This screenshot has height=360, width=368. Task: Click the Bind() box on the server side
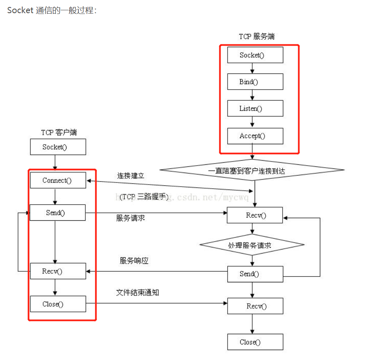255,82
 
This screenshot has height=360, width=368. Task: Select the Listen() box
255,108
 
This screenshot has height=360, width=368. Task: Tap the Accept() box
255,136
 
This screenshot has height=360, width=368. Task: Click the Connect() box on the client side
57,180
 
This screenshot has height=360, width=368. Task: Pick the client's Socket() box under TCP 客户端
57,147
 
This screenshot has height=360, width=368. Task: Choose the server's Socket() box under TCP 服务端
255,55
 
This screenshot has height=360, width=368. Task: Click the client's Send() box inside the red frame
57,212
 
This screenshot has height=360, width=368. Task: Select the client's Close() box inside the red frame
57,304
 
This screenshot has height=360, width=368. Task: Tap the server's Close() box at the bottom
255,342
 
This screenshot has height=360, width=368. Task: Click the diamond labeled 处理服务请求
252,245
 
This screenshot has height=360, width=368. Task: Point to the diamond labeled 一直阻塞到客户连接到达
251,170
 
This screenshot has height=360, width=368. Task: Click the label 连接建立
131,176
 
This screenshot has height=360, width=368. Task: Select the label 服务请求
131,218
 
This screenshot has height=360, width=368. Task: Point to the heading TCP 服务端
257,37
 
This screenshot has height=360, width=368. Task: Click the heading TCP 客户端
59,132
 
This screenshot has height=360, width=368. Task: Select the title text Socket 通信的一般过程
52,10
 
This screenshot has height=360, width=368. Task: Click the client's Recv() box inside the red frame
57,271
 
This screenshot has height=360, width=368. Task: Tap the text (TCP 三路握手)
144,197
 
